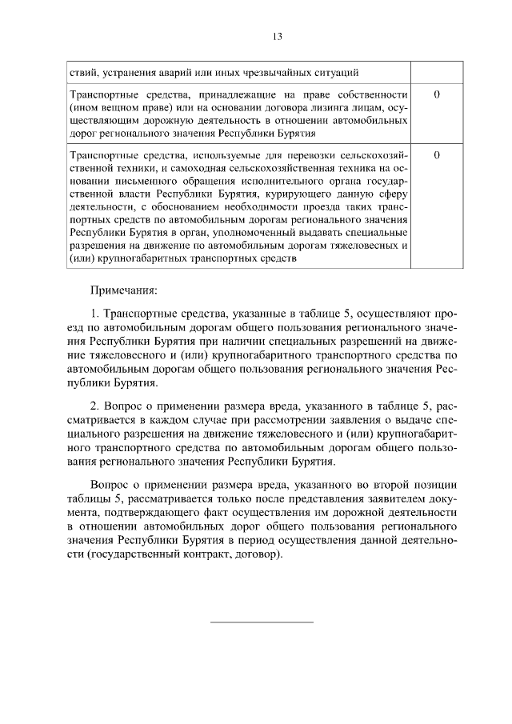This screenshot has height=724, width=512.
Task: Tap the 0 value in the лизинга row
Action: coord(436,95)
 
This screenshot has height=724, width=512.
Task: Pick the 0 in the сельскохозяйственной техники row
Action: coord(436,154)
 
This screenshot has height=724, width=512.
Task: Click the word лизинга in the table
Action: coord(326,108)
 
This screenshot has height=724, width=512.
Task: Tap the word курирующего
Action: coord(297,194)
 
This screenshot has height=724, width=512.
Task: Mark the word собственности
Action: coord(373,95)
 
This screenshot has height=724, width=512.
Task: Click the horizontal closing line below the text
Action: coord(262,621)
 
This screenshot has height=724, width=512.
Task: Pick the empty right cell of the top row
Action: coord(436,72)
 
